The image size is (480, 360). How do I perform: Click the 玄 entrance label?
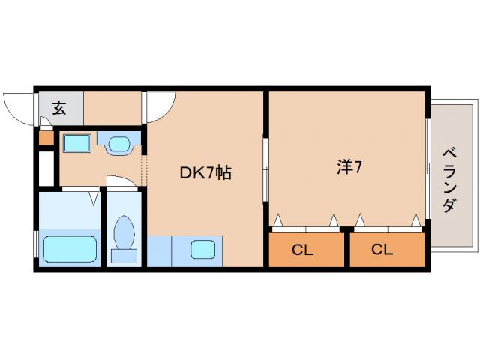[58, 108]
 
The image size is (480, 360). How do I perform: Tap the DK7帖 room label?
[204, 172]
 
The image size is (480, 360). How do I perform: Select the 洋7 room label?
[349, 167]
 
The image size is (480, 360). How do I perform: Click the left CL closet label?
[302, 250]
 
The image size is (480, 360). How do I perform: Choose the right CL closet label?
[382, 250]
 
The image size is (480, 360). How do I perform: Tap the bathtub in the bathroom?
[70, 247]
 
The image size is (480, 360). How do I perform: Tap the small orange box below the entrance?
[46, 138]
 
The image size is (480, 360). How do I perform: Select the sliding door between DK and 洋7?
[265, 168]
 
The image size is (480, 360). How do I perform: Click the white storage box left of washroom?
[46, 168]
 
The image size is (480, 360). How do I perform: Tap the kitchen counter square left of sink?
[160, 250]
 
